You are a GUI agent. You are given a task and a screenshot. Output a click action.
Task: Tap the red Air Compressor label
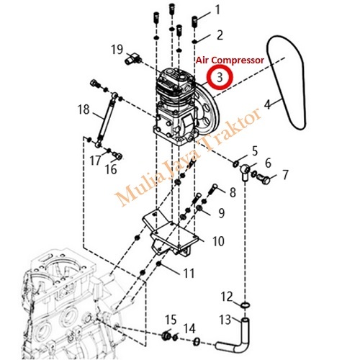[x=230, y=60]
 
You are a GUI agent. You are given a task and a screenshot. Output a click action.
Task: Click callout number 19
[x=117, y=50]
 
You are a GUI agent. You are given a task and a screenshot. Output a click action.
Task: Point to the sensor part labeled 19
[x=132, y=58]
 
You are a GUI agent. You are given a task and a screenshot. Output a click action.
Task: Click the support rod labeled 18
[x=107, y=120]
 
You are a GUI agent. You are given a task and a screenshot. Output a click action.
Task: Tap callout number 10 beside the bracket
[x=218, y=241]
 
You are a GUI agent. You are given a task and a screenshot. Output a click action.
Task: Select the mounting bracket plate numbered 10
[x=171, y=234]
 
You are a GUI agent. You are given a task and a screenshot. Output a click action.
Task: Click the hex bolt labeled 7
[x=264, y=179]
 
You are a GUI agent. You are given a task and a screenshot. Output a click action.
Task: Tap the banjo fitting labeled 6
[x=245, y=171]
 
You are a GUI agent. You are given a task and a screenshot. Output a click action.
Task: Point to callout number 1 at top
[x=217, y=10]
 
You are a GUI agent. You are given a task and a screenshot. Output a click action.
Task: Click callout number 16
[x=111, y=169]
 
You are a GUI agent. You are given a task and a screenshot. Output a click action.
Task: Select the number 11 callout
[x=189, y=273]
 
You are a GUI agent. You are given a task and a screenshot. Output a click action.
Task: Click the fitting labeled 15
[x=166, y=336]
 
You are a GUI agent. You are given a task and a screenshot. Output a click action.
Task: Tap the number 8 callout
[x=233, y=192]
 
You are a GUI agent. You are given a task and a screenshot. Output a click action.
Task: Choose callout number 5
[x=255, y=151]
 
